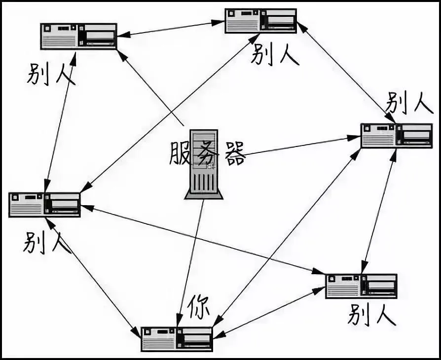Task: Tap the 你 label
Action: (198, 308)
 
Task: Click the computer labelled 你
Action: (177, 339)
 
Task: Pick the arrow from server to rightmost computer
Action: (301, 146)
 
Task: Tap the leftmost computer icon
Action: (44, 205)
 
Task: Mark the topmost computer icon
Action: (260, 21)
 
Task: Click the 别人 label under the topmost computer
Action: (275, 54)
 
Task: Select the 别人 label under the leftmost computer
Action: (47, 243)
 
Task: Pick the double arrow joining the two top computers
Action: (170, 28)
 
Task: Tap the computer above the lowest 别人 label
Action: (361, 286)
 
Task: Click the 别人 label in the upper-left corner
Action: (51, 73)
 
